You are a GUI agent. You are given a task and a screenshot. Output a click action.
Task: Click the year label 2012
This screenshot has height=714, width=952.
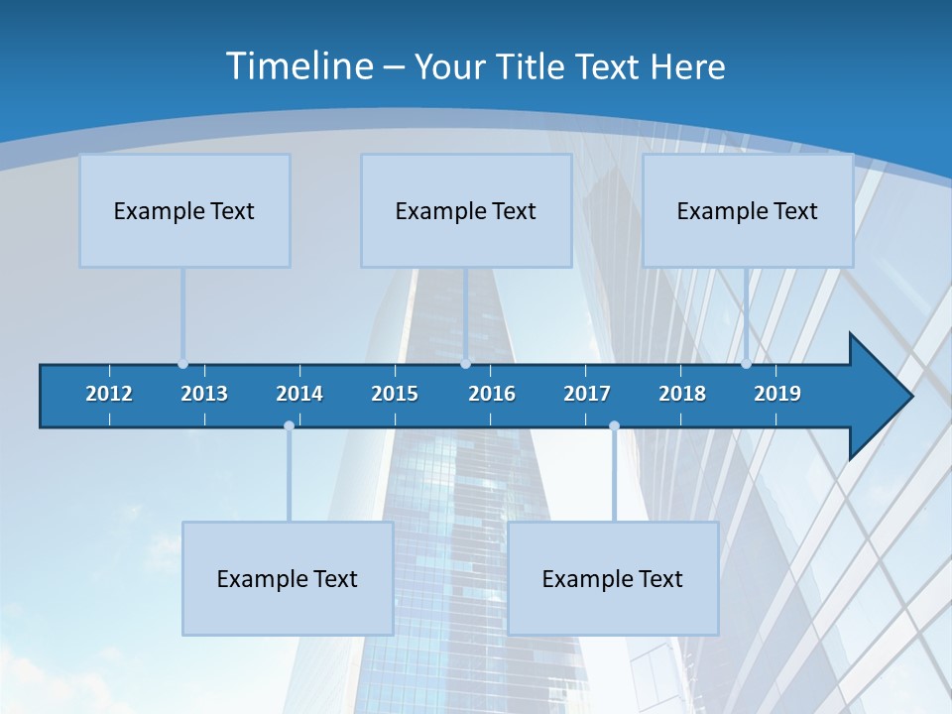(109, 394)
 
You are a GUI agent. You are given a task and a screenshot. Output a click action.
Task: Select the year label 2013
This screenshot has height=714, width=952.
(204, 394)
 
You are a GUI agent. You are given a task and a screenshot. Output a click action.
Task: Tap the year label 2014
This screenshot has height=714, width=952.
(299, 394)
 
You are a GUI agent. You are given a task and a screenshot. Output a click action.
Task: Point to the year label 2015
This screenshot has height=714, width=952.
(395, 394)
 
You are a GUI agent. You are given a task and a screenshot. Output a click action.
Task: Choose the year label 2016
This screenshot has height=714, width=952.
(492, 394)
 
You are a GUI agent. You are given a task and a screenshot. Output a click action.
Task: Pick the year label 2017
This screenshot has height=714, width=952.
(587, 394)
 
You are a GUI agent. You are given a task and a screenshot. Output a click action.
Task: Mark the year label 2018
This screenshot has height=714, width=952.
(682, 394)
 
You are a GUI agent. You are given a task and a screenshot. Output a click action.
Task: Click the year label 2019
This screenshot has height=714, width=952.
(777, 394)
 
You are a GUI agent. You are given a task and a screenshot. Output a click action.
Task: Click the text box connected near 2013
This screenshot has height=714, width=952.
(184, 210)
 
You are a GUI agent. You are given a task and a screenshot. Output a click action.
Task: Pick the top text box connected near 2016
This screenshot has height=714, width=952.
(466, 210)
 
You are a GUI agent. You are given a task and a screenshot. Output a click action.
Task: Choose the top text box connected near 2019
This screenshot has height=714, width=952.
(748, 210)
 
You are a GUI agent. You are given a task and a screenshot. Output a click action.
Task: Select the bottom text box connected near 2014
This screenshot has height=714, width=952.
(288, 578)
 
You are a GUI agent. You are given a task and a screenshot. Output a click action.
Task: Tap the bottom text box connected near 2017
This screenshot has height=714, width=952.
(613, 578)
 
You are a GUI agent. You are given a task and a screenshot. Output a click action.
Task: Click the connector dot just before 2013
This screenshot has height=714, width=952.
(183, 363)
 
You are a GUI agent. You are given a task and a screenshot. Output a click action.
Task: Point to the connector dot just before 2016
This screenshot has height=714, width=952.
(465, 363)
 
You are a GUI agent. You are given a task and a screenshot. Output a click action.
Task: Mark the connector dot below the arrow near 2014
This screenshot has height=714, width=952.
(289, 426)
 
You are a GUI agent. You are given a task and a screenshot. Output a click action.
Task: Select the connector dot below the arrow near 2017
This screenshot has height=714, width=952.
(614, 426)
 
